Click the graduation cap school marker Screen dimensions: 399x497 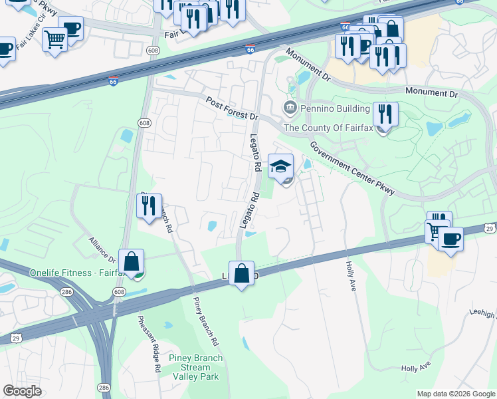pos(280,166)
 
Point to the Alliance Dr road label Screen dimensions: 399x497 pos(103,249)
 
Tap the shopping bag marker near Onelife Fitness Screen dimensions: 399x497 pos(132,261)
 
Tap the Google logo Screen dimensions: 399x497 pos(23,391)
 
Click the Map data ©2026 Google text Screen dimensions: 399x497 pos(456,394)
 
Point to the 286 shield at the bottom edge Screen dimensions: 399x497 pos(104,387)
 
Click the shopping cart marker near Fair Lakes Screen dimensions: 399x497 pos(54,39)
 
